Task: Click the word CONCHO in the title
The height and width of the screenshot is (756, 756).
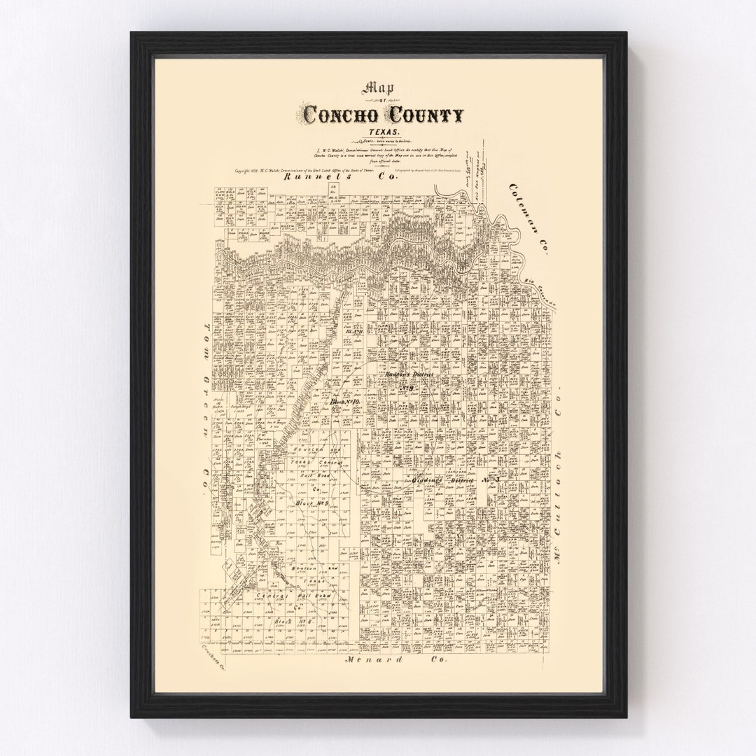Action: (339, 113)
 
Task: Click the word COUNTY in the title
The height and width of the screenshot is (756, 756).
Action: (421, 113)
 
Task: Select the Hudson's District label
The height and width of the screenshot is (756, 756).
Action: (409, 376)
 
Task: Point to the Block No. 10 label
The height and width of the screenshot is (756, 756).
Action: (344, 403)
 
